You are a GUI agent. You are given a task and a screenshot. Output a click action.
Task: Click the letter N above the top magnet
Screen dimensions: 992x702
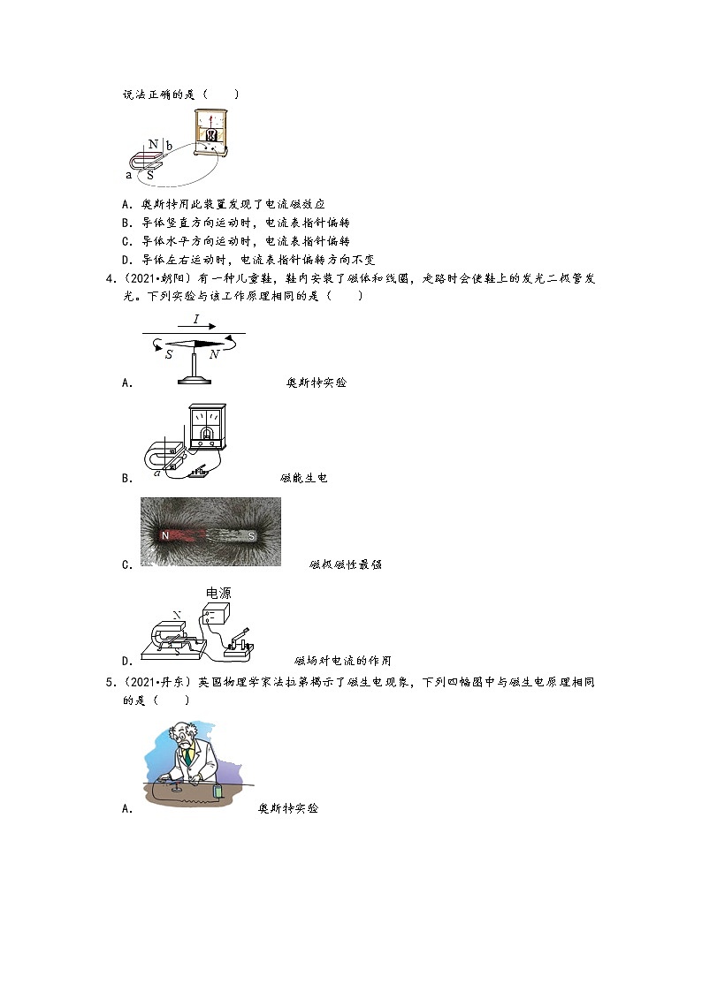[153, 144]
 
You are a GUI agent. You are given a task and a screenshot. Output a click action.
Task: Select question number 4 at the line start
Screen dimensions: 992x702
[111, 279]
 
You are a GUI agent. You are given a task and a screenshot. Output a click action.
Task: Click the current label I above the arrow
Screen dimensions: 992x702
[195, 320]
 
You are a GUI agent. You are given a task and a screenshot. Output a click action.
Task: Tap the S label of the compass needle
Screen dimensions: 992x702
[169, 354]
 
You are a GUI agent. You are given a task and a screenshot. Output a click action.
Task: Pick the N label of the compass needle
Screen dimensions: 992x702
[214, 354]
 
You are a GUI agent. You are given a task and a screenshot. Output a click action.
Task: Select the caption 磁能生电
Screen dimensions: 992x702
[304, 478]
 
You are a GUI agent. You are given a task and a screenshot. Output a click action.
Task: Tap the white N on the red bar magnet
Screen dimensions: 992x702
[164, 535]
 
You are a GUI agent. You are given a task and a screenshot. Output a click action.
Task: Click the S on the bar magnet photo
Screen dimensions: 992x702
[252, 535]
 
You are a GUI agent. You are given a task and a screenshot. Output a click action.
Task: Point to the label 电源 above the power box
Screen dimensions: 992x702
[217, 594]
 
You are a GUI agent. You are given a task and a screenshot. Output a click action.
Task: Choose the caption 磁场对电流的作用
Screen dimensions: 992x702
[342, 660]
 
